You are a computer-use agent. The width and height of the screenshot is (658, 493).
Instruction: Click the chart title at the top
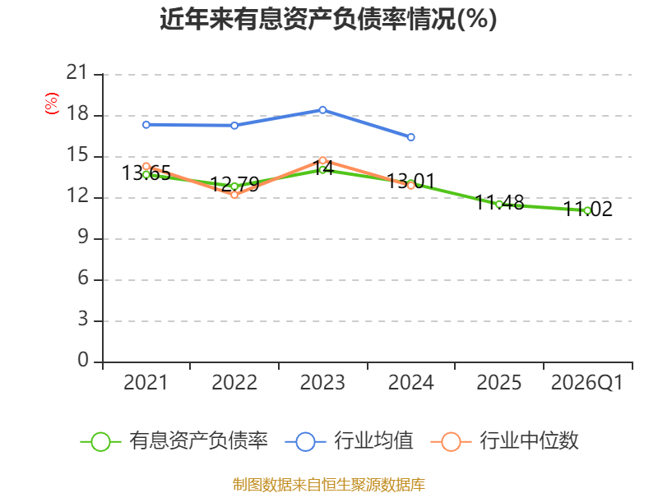328,19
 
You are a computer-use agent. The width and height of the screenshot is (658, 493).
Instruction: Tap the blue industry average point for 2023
322,110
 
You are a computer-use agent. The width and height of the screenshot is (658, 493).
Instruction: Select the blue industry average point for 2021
146,125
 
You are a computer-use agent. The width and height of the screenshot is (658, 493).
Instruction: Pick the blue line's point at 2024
410,137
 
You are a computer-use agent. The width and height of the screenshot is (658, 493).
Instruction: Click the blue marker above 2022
234,126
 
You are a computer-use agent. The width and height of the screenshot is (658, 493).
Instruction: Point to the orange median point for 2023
322,160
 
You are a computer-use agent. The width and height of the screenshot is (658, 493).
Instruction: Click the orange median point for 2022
234,195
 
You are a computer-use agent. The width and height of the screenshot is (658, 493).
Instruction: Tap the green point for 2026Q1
587,211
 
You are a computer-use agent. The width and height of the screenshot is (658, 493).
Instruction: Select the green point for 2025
499,205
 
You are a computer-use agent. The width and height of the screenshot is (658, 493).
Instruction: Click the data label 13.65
146,173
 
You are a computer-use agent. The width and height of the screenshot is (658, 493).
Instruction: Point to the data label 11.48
499,203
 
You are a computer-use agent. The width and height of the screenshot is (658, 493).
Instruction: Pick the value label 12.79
234,184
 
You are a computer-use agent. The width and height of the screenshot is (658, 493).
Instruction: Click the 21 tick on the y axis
77,72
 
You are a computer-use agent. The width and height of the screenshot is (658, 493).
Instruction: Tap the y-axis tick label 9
83,237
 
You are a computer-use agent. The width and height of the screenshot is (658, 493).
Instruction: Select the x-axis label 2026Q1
586,383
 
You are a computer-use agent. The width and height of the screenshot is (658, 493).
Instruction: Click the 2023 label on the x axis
322,383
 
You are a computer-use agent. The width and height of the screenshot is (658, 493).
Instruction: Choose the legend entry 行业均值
349,441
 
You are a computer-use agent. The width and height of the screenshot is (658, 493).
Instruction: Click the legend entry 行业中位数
505,441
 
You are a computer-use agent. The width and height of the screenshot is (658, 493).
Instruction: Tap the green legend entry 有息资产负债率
174,441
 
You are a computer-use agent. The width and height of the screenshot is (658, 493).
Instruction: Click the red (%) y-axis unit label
52,104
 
